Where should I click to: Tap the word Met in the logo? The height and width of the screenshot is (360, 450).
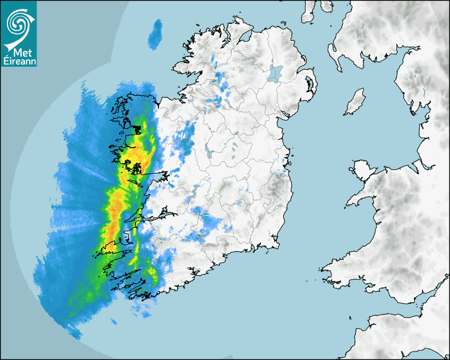click(x=20, y=53)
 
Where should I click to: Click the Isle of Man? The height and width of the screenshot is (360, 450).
click(x=355, y=102)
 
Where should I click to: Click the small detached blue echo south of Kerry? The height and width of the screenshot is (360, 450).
click(x=113, y=321)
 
